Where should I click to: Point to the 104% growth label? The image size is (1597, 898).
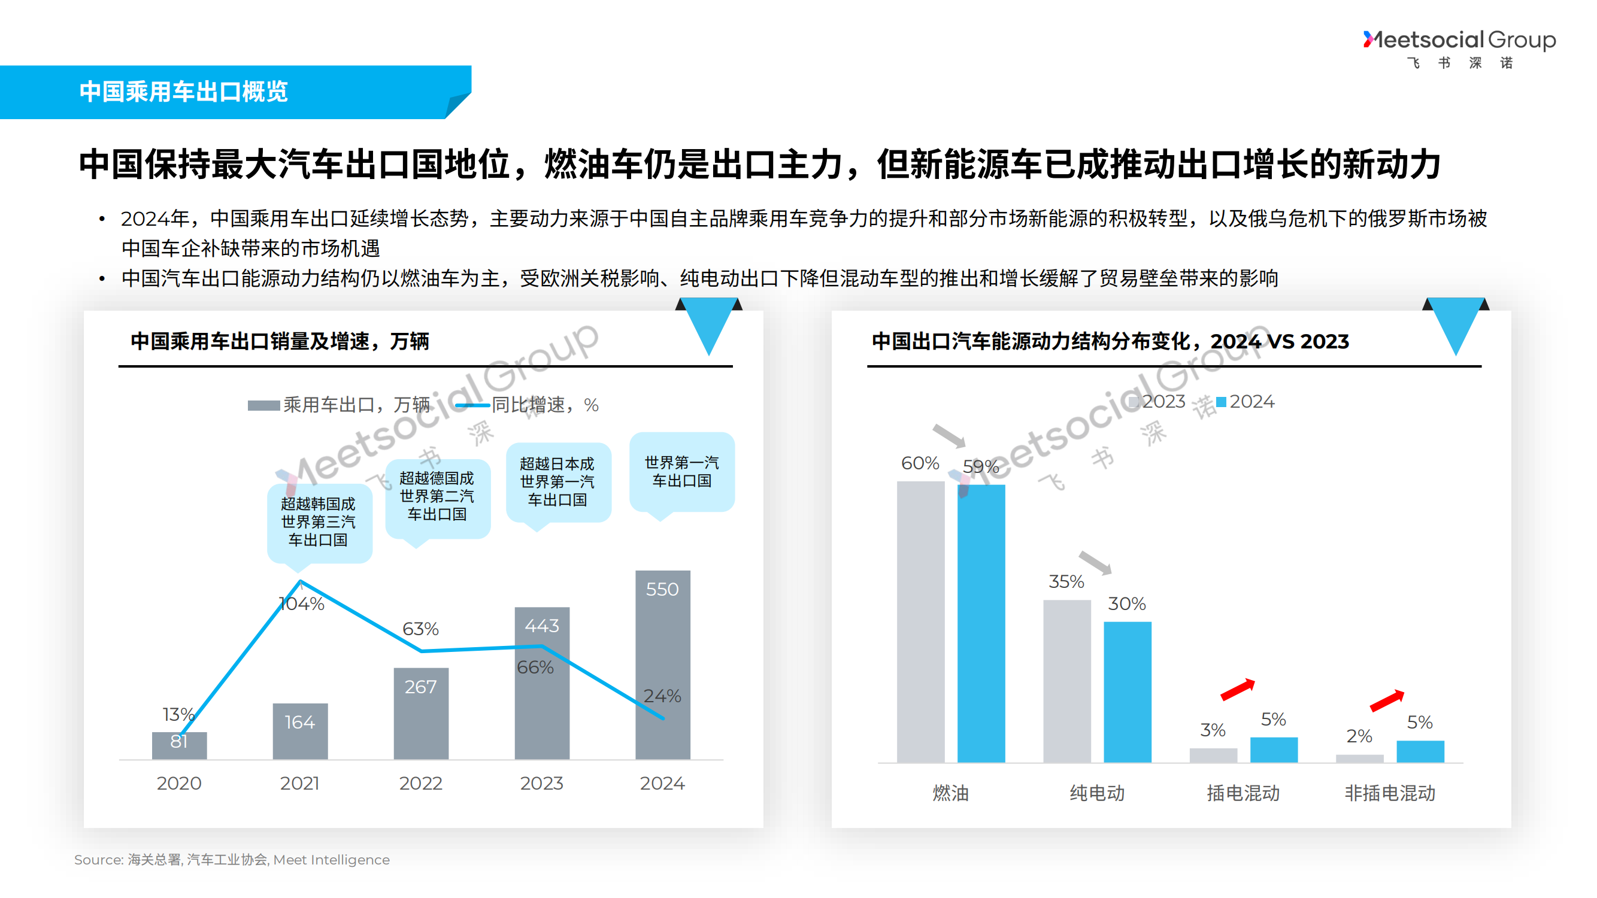[302, 603]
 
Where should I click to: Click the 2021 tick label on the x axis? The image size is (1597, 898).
[299, 782]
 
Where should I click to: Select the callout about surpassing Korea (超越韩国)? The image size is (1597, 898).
[319, 522]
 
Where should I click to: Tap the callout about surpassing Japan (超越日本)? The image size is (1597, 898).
[557, 481]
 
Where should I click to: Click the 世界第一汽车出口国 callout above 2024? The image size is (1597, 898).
[681, 472]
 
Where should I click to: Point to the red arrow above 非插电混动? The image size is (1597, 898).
[1387, 700]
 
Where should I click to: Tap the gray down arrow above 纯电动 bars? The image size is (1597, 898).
[1095, 562]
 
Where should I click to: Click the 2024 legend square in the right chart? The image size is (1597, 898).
[1222, 402]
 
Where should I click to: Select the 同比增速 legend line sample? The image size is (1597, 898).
[472, 405]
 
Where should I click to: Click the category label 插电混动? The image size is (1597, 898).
[1243, 793]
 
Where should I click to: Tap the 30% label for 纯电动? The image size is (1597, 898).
[1126, 603]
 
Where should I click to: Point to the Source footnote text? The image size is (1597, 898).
[232, 859]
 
